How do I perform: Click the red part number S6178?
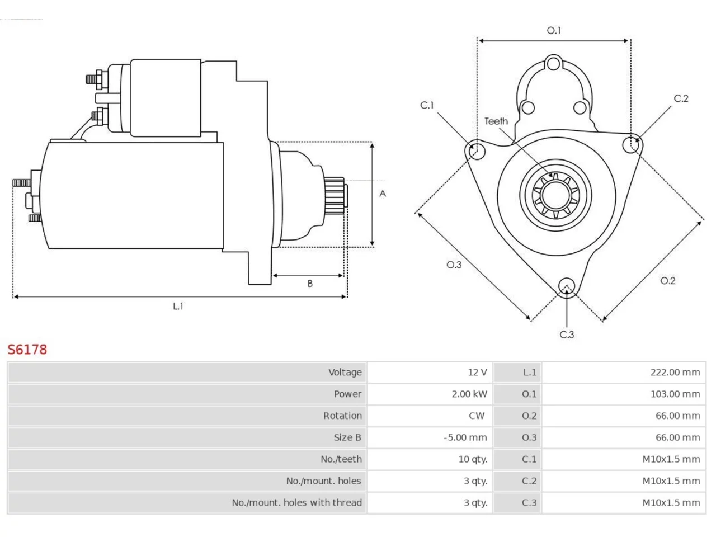pyautogui.click(x=27, y=350)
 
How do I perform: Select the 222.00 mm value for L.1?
pyautogui.click(x=675, y=372)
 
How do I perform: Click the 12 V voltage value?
pyautogui.click(x=477, y=372)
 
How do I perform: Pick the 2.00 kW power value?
pyautogui.click(x=469, y=394)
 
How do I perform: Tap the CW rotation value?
pyautogui.click(x=477, y=416)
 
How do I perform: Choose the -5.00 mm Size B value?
pyautogui.click(x=465, y=437)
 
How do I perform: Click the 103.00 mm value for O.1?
pyautogui.click(x=675, y=394)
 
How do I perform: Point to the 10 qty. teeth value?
pyautogui.click(x=473, y=459)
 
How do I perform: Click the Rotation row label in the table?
pyautogui.click(x=342, y=416)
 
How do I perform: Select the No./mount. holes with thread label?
pyautogui.click(x=296, y=502)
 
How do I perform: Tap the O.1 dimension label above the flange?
pyautogui.click(x=554, y=30)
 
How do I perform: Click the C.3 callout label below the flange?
pyautogui.click(x=567, y=335)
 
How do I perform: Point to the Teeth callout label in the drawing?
pyautogui.click(x=496, y=121)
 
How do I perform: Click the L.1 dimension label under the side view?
pyautogui.click(x=178, y=306)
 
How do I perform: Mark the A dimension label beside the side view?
pyautogui.click(x=383, y=194)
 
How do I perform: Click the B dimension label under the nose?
pyautogui.click(x=310, y=284)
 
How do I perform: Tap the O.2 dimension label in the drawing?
pyautogui.click(x=667, y=281)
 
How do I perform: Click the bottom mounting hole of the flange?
pyautogui.click(x=567, y=286)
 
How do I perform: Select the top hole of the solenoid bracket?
pyautogui.click(x=553, y=64)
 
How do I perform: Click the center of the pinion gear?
pyautogui.click(x=555, y=195)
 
